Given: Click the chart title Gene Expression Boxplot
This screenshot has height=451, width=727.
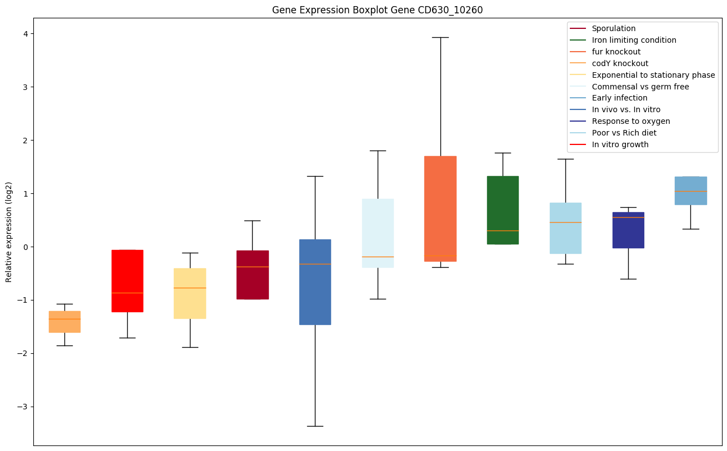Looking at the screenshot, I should coord(373,10).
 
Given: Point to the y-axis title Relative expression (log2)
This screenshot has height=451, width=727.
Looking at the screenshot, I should coord(9,232).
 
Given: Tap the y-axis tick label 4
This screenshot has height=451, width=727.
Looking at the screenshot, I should coord(24,34).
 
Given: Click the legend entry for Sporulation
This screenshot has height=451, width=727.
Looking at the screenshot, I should coord(613,28).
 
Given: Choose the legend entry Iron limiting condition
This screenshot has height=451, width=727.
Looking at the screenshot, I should coord(634,40).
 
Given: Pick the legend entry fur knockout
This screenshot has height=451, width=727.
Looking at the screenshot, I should coord(616,52).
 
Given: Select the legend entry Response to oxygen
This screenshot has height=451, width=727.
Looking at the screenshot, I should coord(630,121).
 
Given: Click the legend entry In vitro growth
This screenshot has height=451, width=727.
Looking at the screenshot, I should coord(620,144).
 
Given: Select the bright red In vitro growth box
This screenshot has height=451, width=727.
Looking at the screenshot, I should coord(127,272).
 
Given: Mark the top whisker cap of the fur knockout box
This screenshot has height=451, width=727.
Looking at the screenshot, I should coord(440,37).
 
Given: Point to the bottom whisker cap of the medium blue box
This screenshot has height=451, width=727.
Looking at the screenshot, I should coord(315,426).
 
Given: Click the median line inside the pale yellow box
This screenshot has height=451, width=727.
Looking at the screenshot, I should coord(190,288).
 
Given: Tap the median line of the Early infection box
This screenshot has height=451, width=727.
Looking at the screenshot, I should coord(690,191).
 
